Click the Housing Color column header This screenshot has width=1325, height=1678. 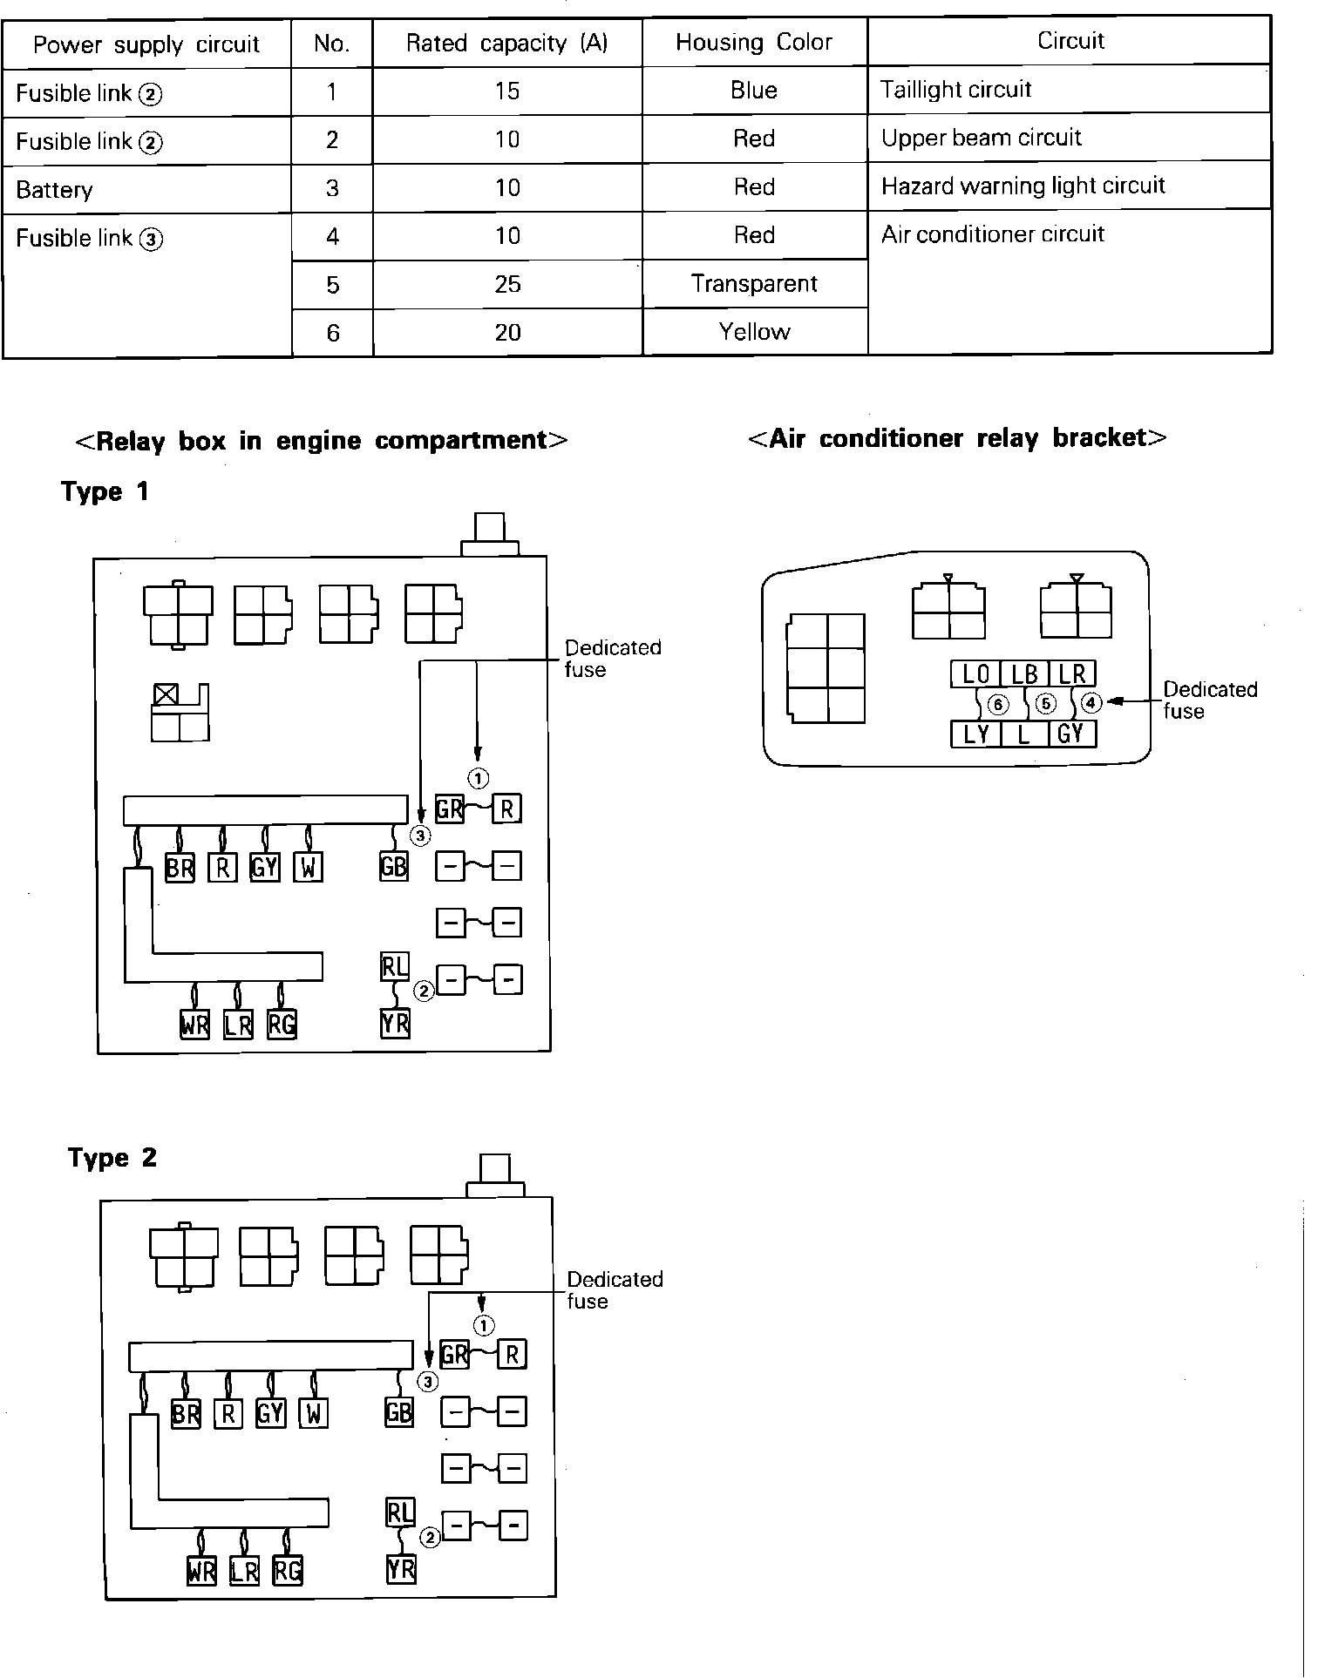click(754, 43)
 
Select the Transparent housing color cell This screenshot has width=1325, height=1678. click(754, 284)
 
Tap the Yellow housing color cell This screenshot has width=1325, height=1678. click(754, 332)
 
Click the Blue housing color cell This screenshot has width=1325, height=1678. click(754, 91)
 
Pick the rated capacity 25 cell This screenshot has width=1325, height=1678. click(507, 284)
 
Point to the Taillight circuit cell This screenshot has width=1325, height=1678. click(956, 90)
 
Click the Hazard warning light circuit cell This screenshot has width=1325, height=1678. click(1023, 186)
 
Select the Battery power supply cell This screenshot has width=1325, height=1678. click(55, 190)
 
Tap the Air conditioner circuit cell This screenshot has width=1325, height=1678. click(993, 234)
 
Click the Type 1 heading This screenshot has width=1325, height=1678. click(105, 491)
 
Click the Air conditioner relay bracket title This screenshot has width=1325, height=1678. click(957, 437)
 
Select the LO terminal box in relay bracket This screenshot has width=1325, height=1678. click(975, 673)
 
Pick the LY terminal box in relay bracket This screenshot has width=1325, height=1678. click(975, 734)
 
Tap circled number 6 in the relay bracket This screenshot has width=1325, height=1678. click(998, 704)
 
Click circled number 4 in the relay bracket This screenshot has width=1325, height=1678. click(1091, 702)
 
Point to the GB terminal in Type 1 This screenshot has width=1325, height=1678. click(394, 866)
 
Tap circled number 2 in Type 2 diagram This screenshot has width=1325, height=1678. click(430, 1538)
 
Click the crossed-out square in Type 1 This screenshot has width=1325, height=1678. click(165, 694)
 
